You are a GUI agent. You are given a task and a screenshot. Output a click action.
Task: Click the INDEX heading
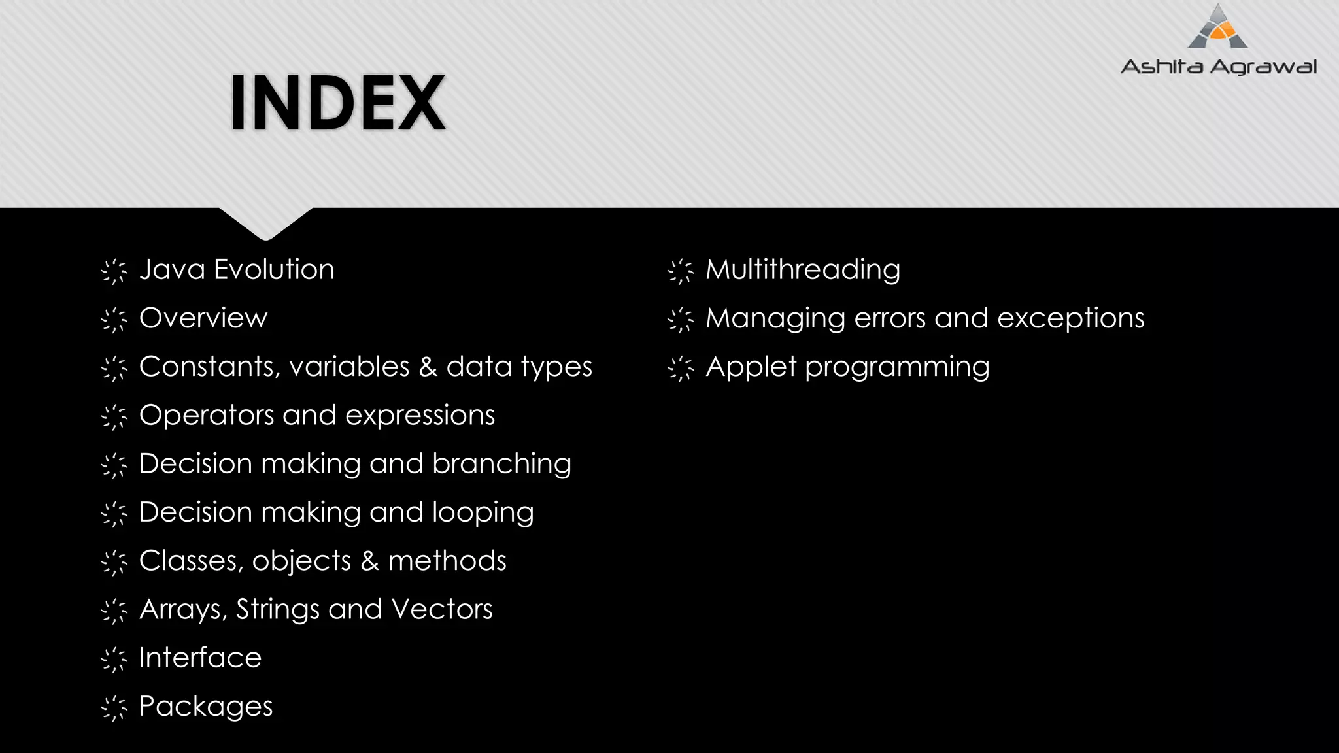(338, 103)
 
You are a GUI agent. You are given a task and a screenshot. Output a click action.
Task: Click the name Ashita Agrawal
(1219, 67)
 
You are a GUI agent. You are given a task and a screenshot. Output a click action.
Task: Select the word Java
(173, 270)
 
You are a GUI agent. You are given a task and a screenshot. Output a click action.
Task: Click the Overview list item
(203, 318)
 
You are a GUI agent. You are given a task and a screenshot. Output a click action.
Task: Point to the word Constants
(207, 367)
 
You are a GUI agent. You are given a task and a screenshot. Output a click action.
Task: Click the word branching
(501, 464)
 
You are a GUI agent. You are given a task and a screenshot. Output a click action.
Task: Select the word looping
(483, 513)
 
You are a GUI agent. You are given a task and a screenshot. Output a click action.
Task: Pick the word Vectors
(442, 609)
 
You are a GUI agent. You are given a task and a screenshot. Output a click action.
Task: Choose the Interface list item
(200, 658)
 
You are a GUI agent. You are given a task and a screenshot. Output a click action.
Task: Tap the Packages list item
(206, 707)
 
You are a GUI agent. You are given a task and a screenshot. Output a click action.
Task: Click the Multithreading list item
(803, 270)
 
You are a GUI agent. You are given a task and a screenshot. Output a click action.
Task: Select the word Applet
(751, 367)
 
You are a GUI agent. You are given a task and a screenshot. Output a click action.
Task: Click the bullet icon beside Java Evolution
(114, 271)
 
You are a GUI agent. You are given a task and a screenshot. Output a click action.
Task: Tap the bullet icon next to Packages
(114, 708)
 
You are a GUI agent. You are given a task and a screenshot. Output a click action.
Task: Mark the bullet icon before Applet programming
(681, 368)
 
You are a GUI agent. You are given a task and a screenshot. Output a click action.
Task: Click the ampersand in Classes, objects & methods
(369, 561)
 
